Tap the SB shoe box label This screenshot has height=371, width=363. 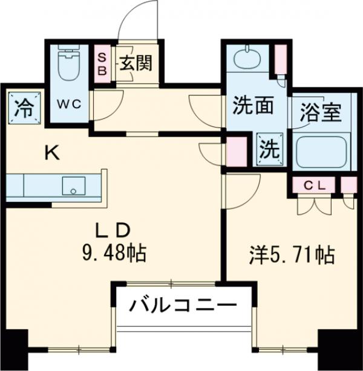click(x=102, y=63)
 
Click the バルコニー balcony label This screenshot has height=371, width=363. click(x=183, y=306)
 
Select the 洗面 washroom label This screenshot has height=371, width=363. click(x=253, y=106)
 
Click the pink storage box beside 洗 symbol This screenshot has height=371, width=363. click(x=237, y=151)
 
